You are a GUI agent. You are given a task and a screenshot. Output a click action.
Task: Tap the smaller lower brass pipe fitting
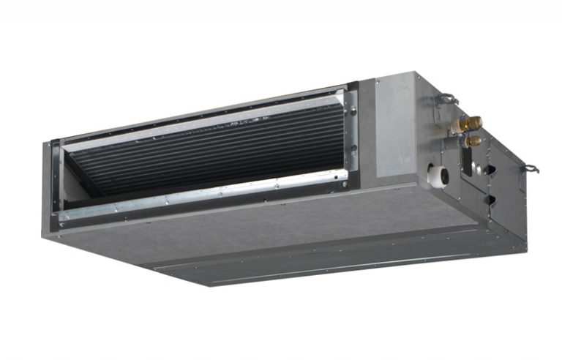point(473,140)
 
